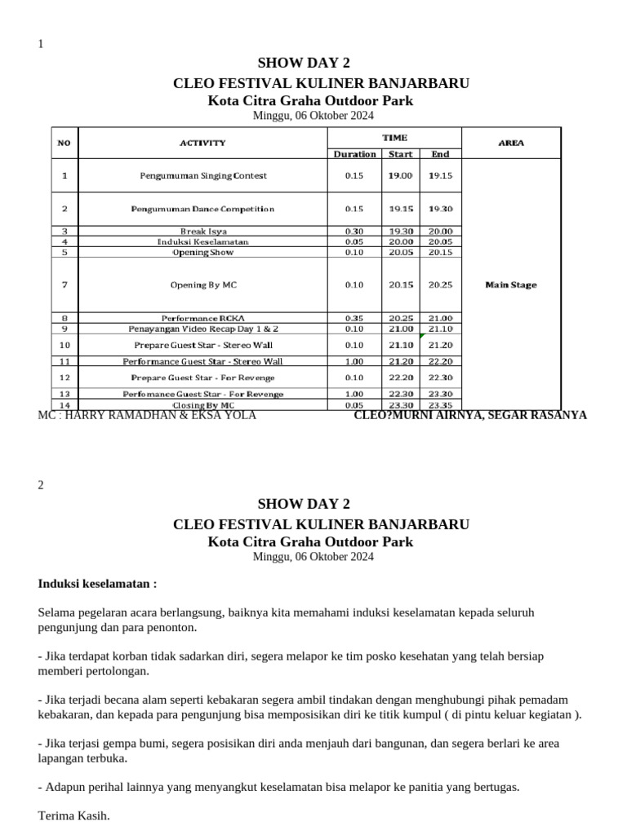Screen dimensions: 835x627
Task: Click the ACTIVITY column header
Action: [202, 143]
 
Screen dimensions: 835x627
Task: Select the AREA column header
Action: [511, 143]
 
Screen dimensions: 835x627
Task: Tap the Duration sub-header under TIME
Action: [354, 154]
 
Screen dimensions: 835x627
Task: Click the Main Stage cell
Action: [511, 285]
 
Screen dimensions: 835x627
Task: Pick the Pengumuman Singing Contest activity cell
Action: [203, 175]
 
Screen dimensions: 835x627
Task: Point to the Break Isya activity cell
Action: [203, 232]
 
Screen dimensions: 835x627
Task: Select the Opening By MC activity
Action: [203, 285]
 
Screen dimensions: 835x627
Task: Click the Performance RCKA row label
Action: [203, 317]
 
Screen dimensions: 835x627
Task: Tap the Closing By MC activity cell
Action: [203, 405]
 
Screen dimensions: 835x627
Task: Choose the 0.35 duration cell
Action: [354, 317]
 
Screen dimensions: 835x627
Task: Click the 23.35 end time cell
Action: [440, 405]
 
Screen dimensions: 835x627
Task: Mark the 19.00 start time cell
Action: [400, 175]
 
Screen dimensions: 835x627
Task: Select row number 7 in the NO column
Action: [64, 285]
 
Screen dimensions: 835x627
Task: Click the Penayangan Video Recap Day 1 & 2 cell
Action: [203, 328]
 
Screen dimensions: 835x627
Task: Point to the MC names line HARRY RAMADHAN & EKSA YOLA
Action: [147, 415]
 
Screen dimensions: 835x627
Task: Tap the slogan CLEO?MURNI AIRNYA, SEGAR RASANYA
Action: [469, 415]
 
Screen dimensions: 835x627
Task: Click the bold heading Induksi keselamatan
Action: [97, 584]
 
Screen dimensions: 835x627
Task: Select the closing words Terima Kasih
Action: [73, 815]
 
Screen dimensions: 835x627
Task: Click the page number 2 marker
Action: [42, 484]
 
